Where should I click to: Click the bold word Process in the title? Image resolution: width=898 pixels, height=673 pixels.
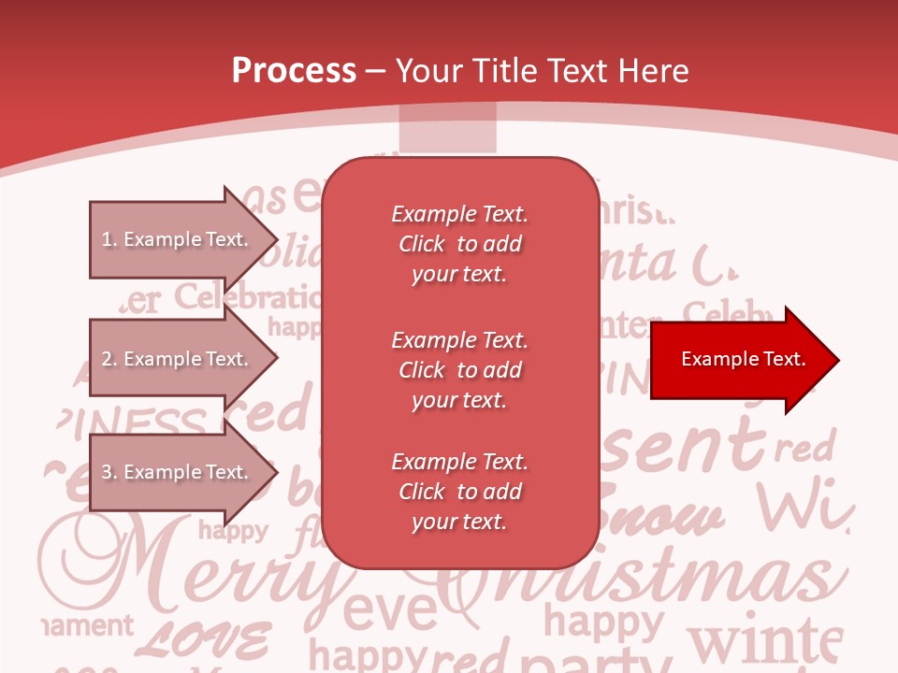[294, 71]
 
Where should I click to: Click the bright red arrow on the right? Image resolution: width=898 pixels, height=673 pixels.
[739, 360]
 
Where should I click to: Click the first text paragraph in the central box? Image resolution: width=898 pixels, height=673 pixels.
[459, 244]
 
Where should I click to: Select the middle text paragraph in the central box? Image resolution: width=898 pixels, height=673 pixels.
[459, 370]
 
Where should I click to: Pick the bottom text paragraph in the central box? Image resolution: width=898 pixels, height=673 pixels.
[459, 492]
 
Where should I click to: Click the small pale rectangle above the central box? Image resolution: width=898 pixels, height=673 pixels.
[447, 129]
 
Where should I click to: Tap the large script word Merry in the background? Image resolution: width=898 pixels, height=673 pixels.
[187, 570]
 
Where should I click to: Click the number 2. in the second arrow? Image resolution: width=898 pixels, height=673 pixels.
[109, 359]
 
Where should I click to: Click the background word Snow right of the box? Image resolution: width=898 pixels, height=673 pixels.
[664, 515]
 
